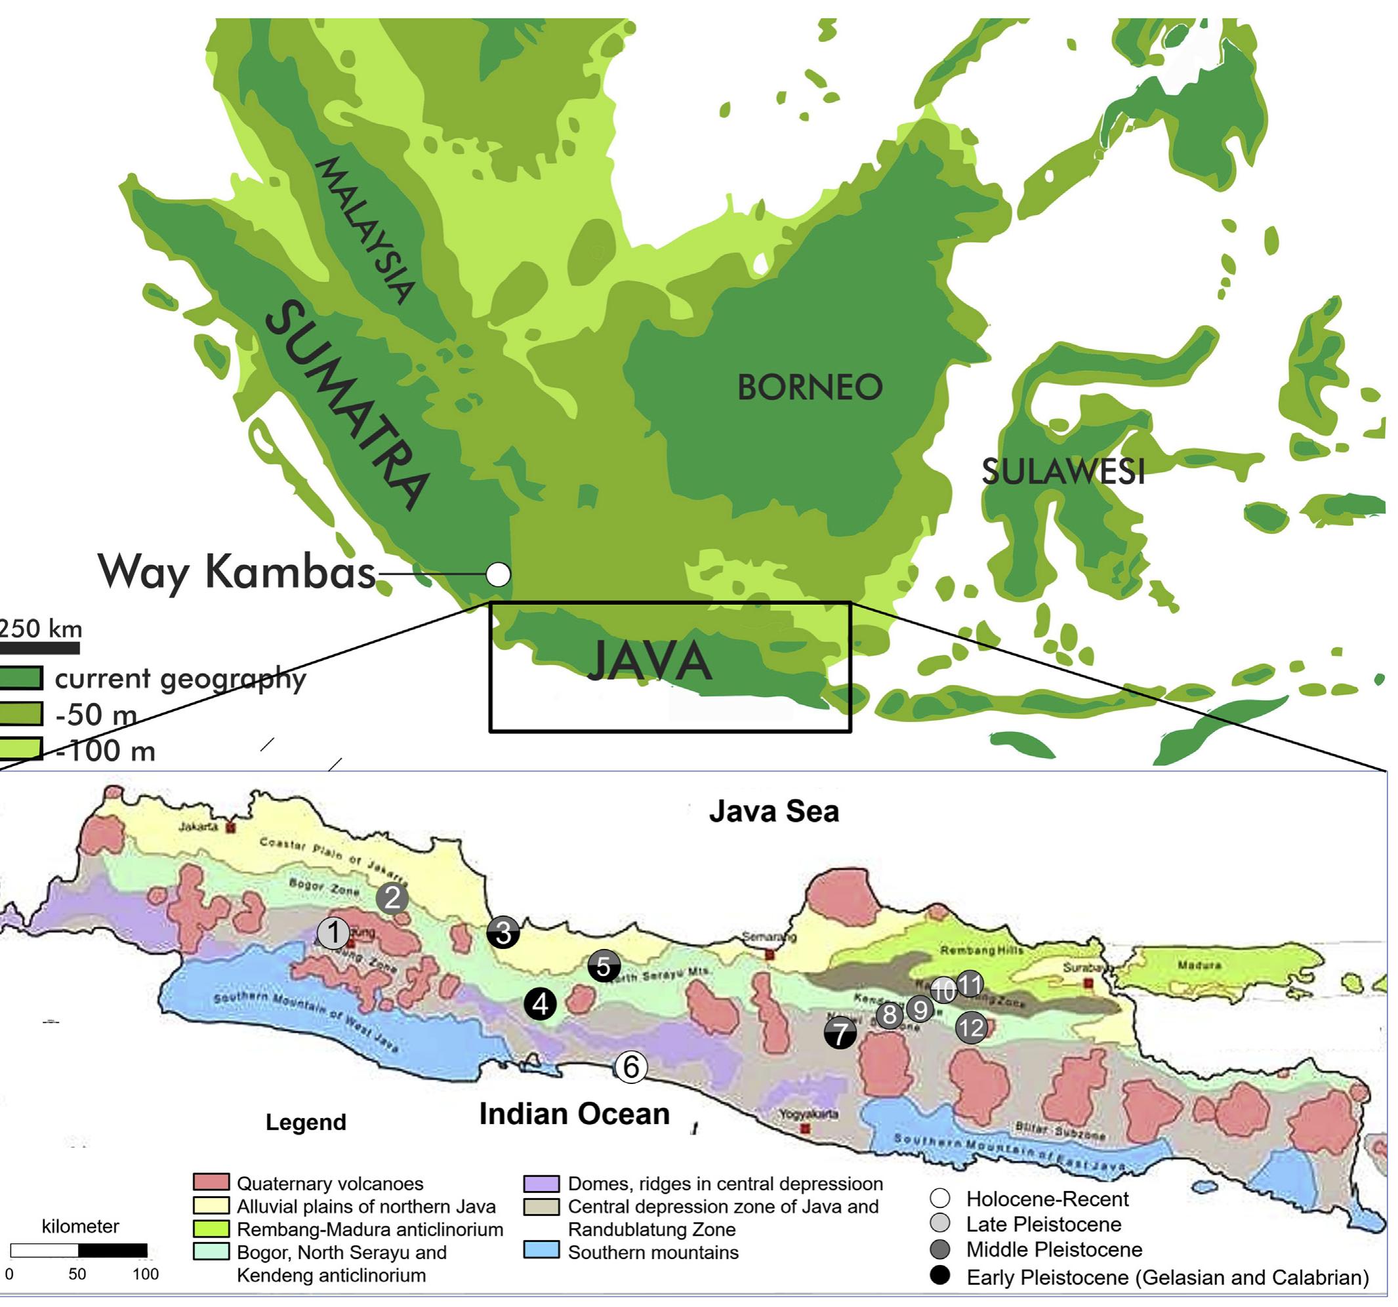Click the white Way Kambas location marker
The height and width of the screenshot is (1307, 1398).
click(x=498, y=574)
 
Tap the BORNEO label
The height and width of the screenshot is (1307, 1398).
click(x=810, y=388)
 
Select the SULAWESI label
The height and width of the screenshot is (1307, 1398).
click(x=1063, y=472)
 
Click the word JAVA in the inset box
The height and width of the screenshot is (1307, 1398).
click(x=649, y=662)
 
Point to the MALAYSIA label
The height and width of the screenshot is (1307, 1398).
click(x=364, y=230)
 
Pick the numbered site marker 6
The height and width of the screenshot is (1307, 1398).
click(x=631, y=1066)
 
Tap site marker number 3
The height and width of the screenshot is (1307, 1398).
click(x=504, y=933)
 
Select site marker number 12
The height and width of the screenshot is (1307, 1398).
click(x=971, y=1028)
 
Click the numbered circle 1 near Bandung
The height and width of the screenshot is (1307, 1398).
click(x=333, y=933)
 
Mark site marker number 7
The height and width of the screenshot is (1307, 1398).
click(x=840, y=1034)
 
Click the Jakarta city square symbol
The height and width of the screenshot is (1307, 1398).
click(x=230, y=828)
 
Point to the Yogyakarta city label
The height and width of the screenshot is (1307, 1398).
click(x=809, y=1114)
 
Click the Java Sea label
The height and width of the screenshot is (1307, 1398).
click(x=773, y=811)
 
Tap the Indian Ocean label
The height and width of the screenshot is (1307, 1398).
click(x=574, y=1114)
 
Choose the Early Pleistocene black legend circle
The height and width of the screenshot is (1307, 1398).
click(x=939, y=1276)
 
